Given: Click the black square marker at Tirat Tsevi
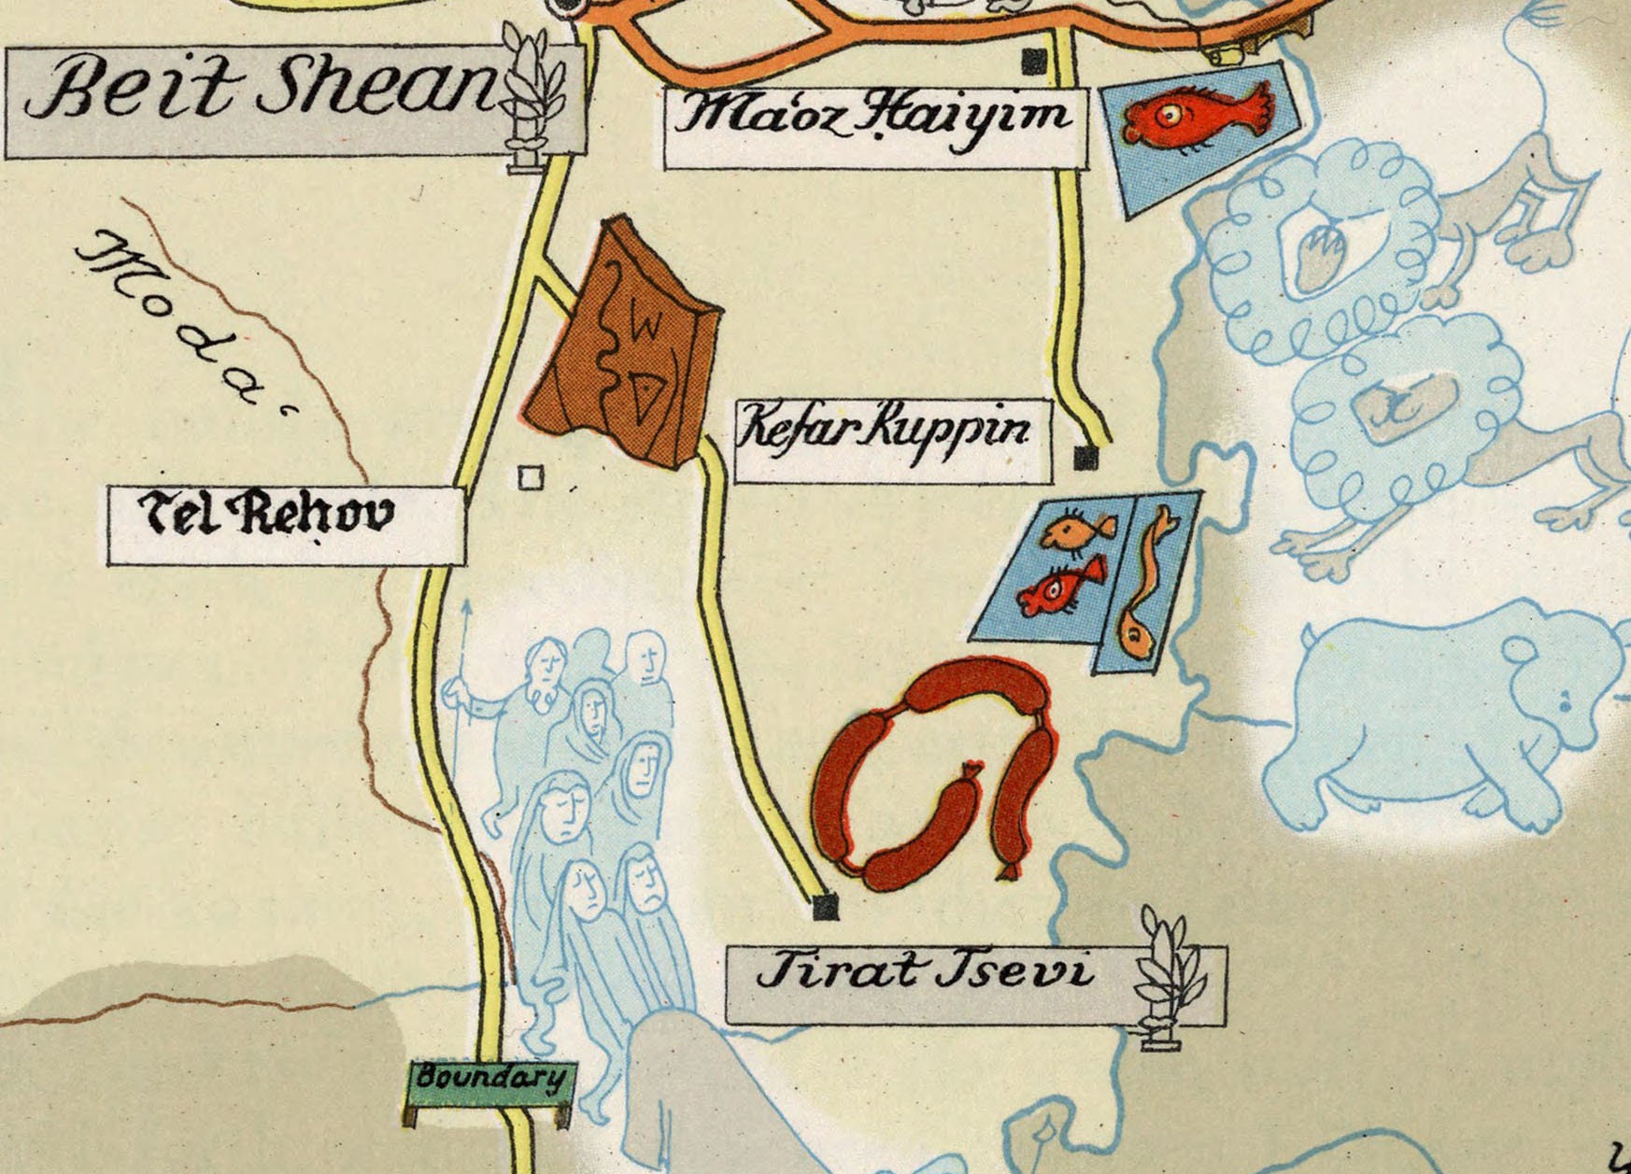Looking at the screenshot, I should pos(826,906).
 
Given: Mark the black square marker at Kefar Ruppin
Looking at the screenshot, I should pos(1085,458).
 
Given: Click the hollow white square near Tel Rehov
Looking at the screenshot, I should pos(531,478).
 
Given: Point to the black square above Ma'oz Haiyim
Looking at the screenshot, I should pos(1034,63).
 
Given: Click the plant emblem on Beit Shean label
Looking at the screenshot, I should pos(532,93).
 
